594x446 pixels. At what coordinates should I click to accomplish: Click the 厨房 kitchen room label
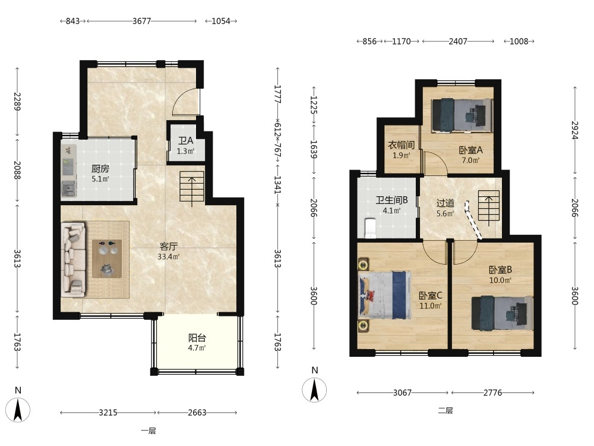point(100,169)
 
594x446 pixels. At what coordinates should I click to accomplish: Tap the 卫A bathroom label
point(185,141)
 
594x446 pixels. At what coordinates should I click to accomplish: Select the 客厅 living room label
point(169,247)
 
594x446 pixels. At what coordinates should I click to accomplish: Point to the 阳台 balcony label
point(197,338)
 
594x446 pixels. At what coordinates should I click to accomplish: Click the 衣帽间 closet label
point(401,145)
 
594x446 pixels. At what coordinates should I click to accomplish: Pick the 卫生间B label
point(391,200)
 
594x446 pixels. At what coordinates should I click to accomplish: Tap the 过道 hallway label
point(445,203)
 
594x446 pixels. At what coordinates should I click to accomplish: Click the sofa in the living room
point(74,260)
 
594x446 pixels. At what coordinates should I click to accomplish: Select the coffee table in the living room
point(107,259)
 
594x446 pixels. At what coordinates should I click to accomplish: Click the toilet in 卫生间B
point(369,228)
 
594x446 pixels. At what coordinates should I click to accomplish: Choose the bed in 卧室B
point(502,313)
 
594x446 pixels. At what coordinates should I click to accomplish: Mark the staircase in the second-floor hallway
point(489,205)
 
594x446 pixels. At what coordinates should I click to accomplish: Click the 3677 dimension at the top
point(142,21)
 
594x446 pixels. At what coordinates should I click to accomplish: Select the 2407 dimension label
point(458,42)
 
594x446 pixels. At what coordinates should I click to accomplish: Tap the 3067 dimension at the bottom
point(402,392)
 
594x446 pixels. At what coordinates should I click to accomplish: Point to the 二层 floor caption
point(445,410)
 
